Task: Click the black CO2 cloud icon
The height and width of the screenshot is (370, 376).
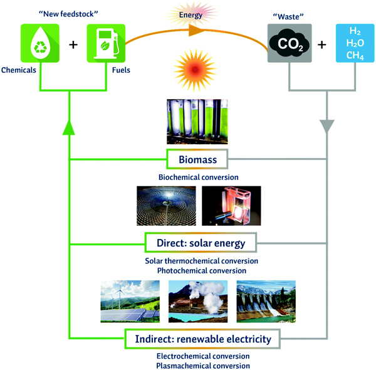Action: point(290,43)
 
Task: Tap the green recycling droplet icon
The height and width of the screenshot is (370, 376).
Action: point(40,43)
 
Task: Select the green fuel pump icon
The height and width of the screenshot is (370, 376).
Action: point(106,43)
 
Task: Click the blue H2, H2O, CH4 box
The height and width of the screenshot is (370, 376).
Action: point(355,43)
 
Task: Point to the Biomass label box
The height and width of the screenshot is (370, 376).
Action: point(197,159)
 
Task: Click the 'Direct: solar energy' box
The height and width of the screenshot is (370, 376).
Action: point(201,243)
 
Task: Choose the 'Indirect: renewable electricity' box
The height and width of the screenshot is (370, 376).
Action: point(203,339)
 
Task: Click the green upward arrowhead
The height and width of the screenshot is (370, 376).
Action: point(69,127)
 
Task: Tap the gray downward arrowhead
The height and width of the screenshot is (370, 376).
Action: point(326,126)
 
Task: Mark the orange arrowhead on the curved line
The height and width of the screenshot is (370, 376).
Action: point(197,30)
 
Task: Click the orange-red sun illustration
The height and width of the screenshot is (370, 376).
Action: point(195,70)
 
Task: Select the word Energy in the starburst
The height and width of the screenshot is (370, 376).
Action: point(191,15)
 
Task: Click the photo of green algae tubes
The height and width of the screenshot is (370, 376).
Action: point(197,122)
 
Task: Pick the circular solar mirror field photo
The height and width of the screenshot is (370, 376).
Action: point(166,206)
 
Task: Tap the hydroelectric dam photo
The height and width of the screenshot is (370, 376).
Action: point(266,302)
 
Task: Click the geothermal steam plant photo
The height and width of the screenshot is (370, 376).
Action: point(198,302)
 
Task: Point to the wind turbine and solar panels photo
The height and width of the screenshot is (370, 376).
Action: point(130,302)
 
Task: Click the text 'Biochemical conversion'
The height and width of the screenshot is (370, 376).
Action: point(198,177)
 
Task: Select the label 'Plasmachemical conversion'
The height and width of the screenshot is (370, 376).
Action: point(203,366)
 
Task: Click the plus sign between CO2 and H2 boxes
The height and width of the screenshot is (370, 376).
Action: point(322,45)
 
